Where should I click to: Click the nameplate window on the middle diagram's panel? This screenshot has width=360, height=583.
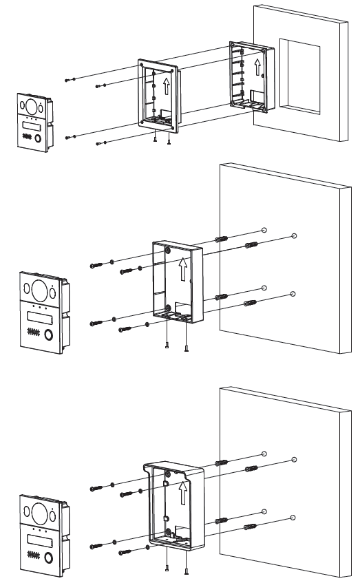39,317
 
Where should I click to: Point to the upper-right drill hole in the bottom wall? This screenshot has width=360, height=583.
295,458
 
